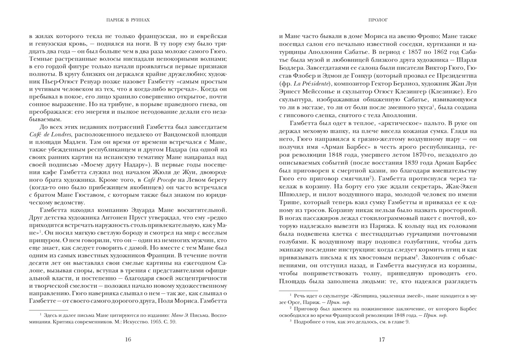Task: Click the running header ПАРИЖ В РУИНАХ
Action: pyautogui.click(x=128, y=21)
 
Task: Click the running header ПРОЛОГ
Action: pyautogui.click(x=378, y=21)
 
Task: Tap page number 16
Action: pyautogui.click(x=128, y=339)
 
